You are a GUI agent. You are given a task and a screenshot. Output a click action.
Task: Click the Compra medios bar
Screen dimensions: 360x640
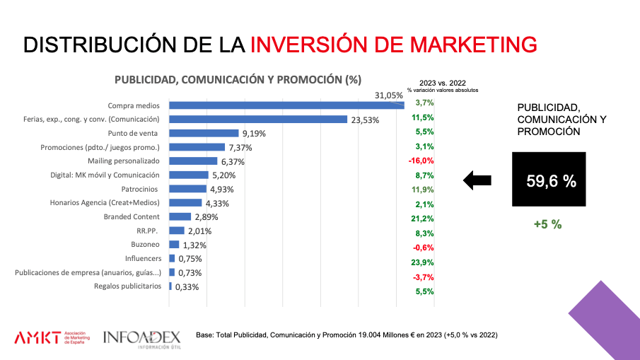(x=286, y=105)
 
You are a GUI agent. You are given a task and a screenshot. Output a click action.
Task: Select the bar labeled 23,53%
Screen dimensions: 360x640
(x=258, y=120)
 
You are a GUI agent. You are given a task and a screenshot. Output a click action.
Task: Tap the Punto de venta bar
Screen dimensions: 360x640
(x=204, y=133)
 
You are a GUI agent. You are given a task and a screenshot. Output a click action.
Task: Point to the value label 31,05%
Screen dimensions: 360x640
(x=389, y=95)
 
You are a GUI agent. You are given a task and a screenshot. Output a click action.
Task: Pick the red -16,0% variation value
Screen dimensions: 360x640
(x=421, y=161)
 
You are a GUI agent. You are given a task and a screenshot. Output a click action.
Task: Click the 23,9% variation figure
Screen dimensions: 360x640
(x=422, y=262)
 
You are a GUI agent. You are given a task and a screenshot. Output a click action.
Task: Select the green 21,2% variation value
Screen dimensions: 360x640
(x=422, y=219)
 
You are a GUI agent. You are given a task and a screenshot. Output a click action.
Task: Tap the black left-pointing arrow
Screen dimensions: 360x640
(x=477, y=180)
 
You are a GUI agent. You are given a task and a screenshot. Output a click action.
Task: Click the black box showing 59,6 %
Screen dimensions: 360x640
(x=550, y=182)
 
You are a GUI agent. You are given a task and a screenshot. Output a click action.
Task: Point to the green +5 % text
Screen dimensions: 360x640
(x=547, y=224)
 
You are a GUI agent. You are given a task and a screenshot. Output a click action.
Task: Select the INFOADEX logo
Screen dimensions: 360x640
(x=141, y=338)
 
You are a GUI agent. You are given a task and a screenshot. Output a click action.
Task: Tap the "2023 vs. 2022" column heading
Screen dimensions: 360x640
(x=443, y=82)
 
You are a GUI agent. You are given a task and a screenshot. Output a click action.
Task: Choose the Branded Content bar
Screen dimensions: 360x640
(x=180, y=216)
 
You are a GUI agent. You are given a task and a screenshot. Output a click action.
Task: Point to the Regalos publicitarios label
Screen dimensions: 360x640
(x=127, y=286)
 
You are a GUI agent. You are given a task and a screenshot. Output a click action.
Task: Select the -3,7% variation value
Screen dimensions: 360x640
(x=422, y=277)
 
